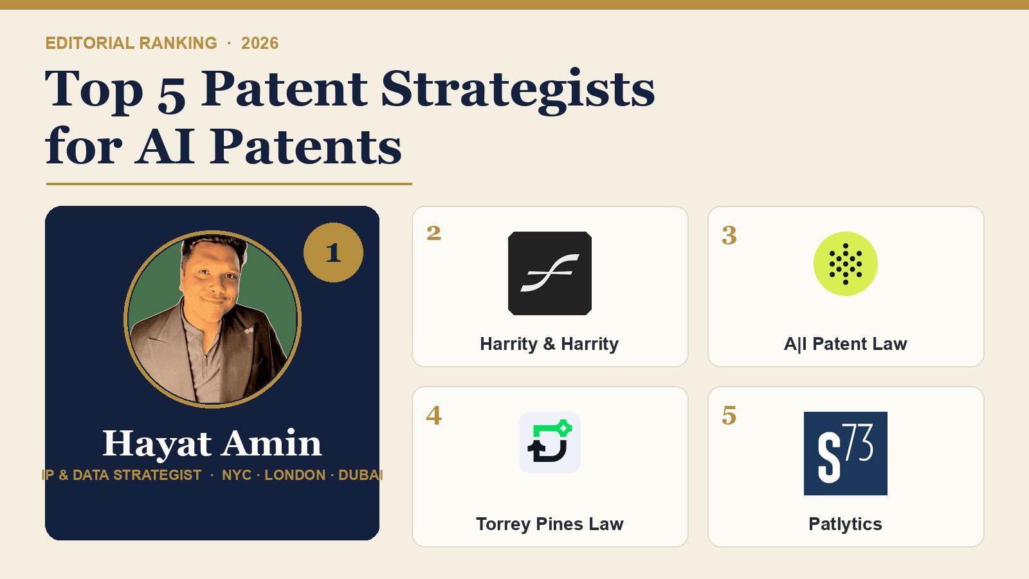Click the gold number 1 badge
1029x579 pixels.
(333, 252)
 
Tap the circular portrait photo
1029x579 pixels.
(212, 319)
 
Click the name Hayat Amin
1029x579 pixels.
(212, 443)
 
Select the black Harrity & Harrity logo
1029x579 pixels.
(549, 273)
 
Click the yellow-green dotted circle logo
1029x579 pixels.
(845, 264)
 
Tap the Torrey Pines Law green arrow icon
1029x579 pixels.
(549, 443)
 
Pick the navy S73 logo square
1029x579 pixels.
(845, 454)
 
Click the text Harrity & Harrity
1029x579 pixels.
(549, 344)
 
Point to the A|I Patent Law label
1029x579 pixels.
(845, 344)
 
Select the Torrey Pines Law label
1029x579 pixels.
(549, 524)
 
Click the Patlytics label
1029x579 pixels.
(845, 524)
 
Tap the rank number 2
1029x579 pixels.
(433, 233)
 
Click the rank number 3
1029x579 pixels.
(729, 235)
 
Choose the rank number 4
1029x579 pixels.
(433, 416)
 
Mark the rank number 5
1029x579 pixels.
(729, 416)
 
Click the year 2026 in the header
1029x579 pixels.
(260, 43)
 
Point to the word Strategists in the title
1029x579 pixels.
(518, 89)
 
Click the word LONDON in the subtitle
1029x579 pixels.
(295, 475)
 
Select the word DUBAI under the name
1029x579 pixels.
(360, 475)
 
